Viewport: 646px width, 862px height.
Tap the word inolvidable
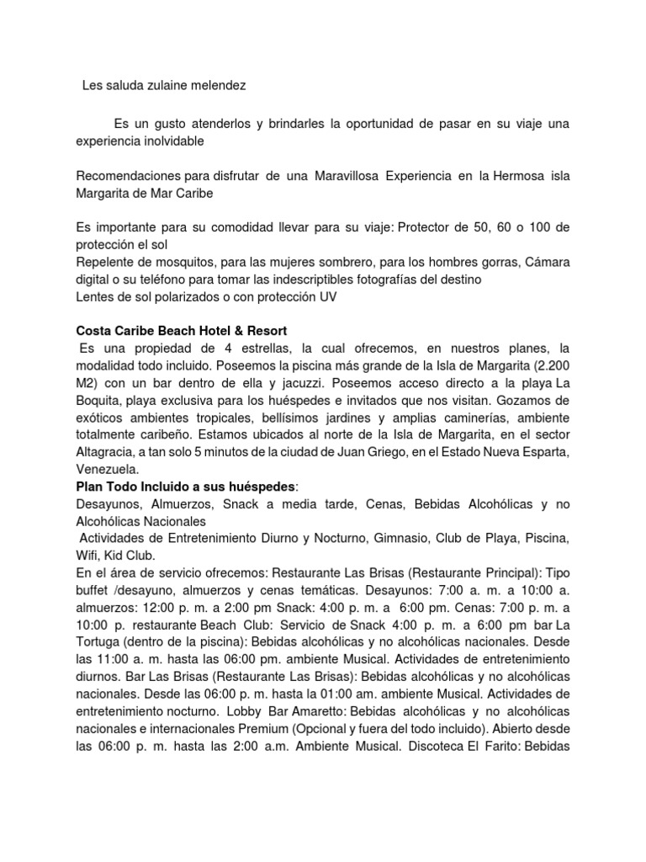coord(173,141)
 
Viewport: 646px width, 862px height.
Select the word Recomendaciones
coord(126,176)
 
